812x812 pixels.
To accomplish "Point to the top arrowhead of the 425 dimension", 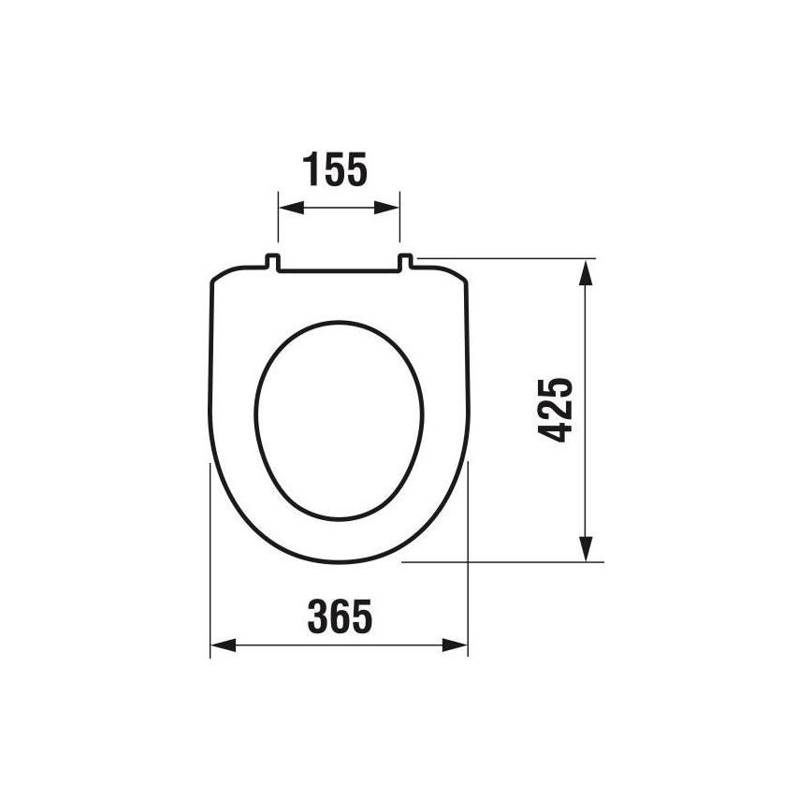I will (586, 270).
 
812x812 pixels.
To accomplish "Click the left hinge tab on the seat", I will (271, 263).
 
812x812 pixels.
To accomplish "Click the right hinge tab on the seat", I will (407, 263).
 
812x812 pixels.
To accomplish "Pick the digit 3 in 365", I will (317, 616).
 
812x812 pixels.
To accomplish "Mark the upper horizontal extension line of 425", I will (505, 257).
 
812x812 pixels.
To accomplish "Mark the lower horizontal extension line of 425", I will (505, 562).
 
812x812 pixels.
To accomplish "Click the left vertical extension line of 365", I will (210, 561).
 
